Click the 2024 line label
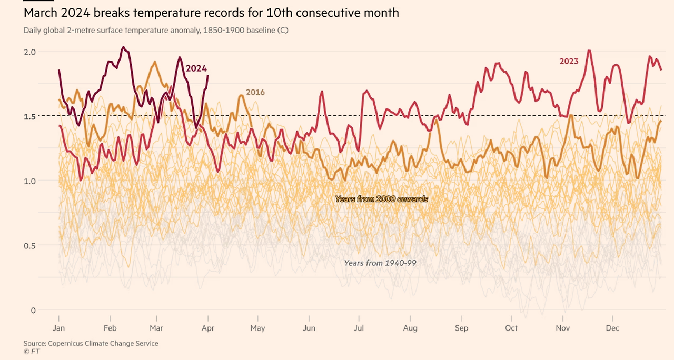click(196, 68)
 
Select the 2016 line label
click(255, 92)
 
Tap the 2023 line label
click(569, 61)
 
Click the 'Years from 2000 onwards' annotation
click(381, 199)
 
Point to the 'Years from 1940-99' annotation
click(380, 263)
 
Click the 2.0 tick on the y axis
click(29, 52)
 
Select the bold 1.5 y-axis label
click(29, 116)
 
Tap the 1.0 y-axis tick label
click(29, 181)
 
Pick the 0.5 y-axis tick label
click(29, 246)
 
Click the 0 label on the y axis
click(33, 311)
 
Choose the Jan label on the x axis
click(59, 328)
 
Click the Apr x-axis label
click(208, 328)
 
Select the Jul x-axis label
click(359, 328)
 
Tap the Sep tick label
click(461, 328)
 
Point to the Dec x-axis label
click(612, 328)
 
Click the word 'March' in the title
click(38, 13)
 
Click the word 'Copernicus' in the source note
click(67, 343)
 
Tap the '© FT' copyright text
click(31, 351)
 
